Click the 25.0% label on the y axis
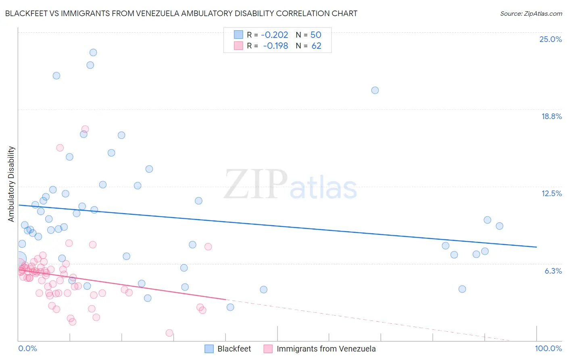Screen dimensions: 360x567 click(x=550, y=39)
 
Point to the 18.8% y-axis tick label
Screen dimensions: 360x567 click(x=551, y=116)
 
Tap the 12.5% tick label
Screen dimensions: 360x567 click(x=551, y=193)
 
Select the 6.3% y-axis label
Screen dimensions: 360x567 click(x=553, y=271)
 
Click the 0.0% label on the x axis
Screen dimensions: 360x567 click(x=28, y=348)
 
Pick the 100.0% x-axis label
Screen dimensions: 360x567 click(x=548, y=348)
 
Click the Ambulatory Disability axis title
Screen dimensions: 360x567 click(x=11, y=184)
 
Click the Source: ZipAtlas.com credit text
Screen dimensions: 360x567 click(x=531, y=13)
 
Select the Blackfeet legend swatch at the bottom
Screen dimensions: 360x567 click(x=209, y=349)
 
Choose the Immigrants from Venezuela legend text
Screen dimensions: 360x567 click(x=326, y=349)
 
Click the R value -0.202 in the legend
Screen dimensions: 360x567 click(x=274, y=35)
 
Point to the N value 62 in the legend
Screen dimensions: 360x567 click(x=316, y=46)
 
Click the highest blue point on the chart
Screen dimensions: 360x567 click(x=93, y=52)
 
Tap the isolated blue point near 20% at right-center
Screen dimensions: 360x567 click(x=375, y=90)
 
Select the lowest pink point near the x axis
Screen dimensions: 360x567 click(x=169, y=333)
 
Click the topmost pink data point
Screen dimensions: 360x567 click(x=85, y=130)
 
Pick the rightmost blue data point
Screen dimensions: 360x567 click(x=500, y=226)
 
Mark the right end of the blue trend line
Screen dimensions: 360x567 click(x=536, y=247)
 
